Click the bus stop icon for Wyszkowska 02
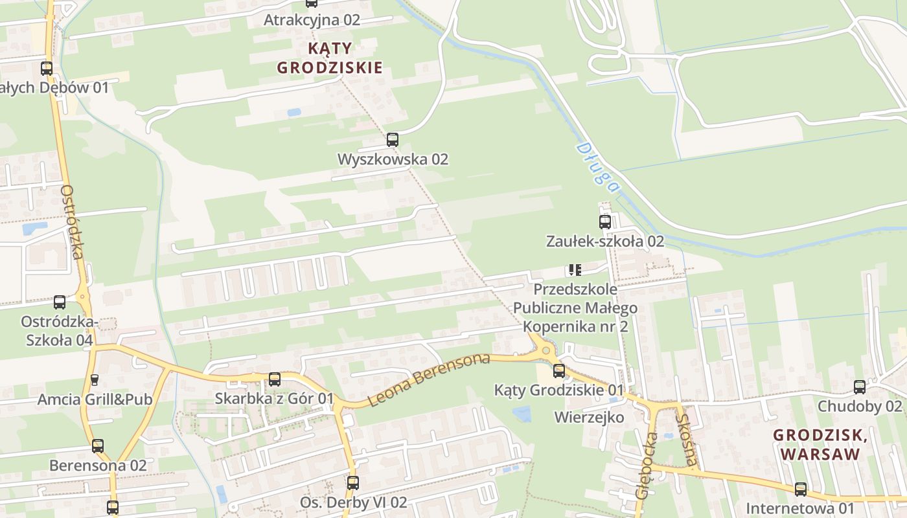[x=392, y=139]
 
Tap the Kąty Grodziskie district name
[x=330, y=58]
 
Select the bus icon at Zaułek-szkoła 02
[x=604, y=222]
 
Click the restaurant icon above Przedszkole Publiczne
[x=575, y=270]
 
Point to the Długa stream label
[x=597, y=167]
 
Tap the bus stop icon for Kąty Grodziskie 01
[x=558, y=371]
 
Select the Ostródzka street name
[x=72, y=222]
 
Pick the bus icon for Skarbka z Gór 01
[x=275, y=379]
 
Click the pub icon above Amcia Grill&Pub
[x=95, y=379]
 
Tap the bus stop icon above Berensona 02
[x=97, y=445]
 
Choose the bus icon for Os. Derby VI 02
[x=352, y=482]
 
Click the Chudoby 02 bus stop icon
[x=859, y=387]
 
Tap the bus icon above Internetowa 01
[x=801, y=489]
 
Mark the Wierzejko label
[x=589, y=417]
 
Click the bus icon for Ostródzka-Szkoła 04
[x=59, y=302]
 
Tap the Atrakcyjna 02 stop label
[x=312, y=19]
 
